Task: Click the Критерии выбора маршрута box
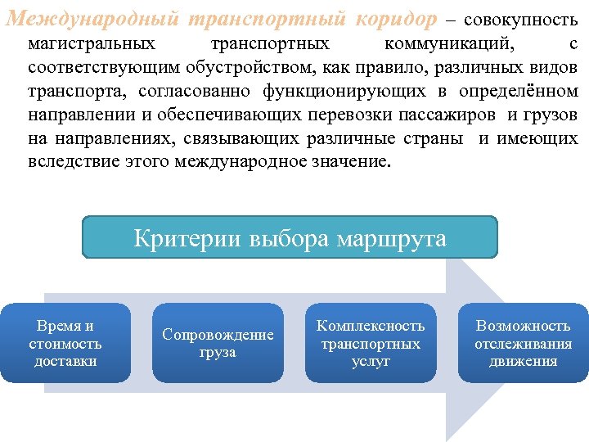click(290, 238)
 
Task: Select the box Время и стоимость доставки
click(65, 343)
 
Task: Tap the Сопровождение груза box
click(218, 343)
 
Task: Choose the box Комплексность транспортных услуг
click(371, 343)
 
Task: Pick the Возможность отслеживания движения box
click(523, 343)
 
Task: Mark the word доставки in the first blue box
click(65, 361)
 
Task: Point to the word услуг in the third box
click(371, 361)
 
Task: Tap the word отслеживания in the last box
click(523, 344)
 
